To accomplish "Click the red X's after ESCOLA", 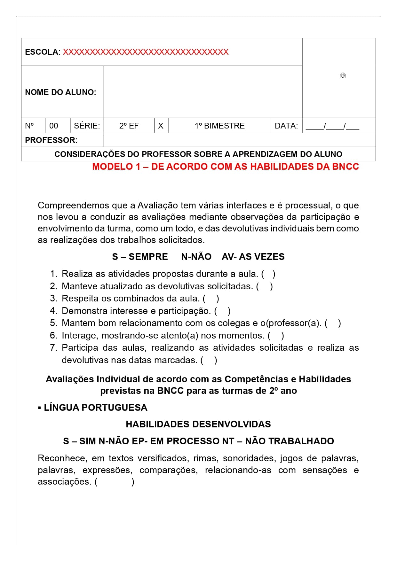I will pos(146,52).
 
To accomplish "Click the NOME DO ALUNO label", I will pos(60,92).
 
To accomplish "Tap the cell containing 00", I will pos(54,126).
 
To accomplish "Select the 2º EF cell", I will pos(129,126).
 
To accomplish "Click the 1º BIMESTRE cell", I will pos(219,126).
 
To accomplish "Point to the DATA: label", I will pos(286,126).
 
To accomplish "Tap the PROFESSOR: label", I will pos(51,140).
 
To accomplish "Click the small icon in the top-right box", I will pos(343,76).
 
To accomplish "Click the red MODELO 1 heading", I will pos(225,167).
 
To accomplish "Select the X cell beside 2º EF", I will pos(161,126).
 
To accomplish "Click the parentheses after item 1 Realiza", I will pos(268,274).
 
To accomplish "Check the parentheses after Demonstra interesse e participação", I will pos(222,311).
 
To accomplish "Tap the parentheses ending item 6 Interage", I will pos(276,336).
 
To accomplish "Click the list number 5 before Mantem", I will pos(53,323).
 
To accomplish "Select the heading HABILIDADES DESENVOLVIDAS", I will pos(198,425).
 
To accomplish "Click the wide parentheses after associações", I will pos(114,482).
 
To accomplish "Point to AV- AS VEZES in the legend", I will pos(253,257).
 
